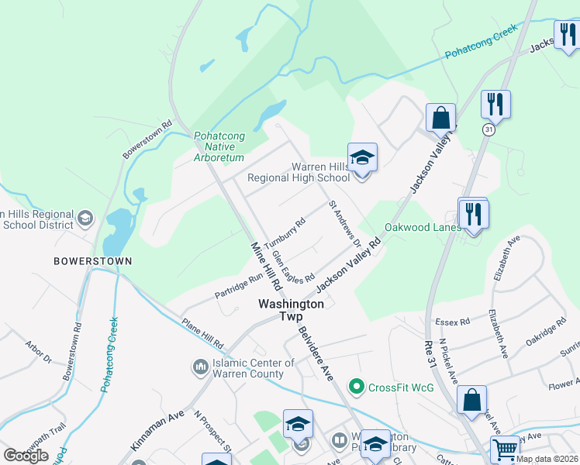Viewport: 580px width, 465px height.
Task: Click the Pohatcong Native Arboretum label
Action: point(219,146)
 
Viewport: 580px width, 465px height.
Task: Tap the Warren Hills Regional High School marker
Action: point(362,158)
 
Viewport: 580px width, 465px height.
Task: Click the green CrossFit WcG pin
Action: point(357,385)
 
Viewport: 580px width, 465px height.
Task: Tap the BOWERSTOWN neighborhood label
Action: point(92,261)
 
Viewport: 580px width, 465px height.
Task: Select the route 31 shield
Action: point(488,130)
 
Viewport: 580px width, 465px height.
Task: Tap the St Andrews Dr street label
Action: point(345,224)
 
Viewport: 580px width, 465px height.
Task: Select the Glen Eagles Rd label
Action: point(292,265)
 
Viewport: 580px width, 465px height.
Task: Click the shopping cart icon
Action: point(505,449)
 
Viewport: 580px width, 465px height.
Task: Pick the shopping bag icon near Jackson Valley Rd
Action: point(440,119)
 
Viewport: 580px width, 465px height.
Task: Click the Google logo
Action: point(26,456)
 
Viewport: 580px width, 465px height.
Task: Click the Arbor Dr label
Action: point(37,353)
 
